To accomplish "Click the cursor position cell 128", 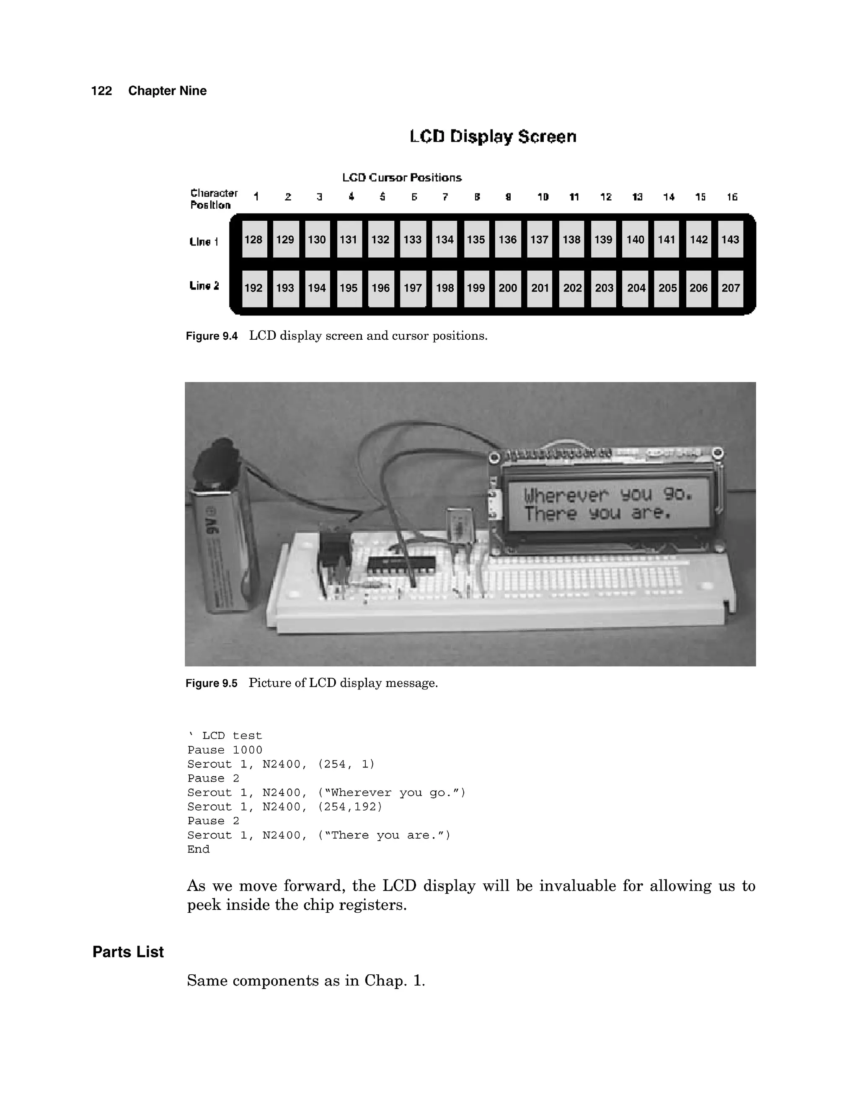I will click(x=253, y=239).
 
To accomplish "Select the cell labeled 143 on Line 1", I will click(x=730, y=239).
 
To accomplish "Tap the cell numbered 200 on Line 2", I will click(x=508, y=288).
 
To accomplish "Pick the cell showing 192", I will click(x=253, y=288).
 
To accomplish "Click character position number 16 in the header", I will click(x=732, y=197).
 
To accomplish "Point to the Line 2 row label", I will click(x=204, y=286).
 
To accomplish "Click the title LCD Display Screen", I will click(x=493, y=136).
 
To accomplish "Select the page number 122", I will click(x=101, y=91).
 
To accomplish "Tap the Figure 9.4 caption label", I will click(x=212, y=336).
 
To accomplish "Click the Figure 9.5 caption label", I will click(x=212, y=683).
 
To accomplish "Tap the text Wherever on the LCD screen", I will click(x=566, y=495).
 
